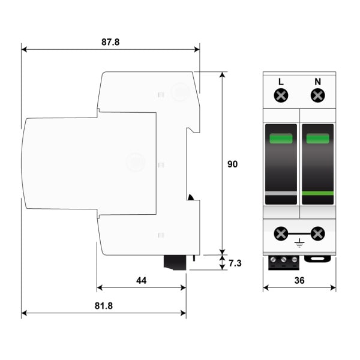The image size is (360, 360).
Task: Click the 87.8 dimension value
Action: click(110, 42)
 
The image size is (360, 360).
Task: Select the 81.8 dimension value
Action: click(104, 306)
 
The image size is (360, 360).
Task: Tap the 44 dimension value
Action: click(141, 280)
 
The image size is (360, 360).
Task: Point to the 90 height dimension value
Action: click(232, 164)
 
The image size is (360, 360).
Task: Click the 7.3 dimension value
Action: click(235, 263)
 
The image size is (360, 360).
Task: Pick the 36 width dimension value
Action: click(299, 280)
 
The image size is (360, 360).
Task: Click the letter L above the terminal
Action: click(281, 82)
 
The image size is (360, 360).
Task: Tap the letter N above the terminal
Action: click(317, 82)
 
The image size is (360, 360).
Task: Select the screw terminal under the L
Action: click(281, 95)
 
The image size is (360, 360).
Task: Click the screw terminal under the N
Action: click(318, 95)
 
